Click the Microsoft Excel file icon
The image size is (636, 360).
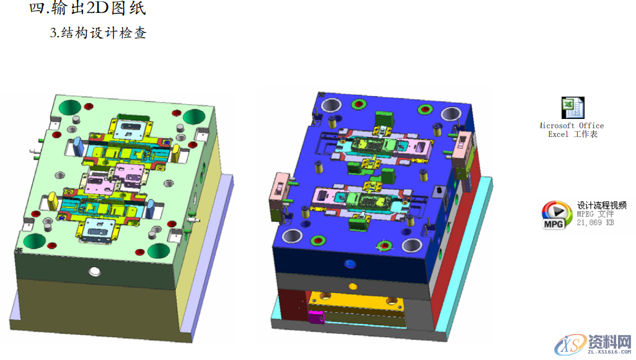(573, 108)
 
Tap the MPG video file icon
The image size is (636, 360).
(556, 215)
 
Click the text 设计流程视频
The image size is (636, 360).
(601, 205)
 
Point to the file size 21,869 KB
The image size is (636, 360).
(595, 222)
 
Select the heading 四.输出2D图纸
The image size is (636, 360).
(87, 8)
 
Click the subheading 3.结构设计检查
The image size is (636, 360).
(98, 33)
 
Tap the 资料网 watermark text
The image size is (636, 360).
(610, 343)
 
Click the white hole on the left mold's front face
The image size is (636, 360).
(95, 271)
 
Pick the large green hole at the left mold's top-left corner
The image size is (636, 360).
(70, 108)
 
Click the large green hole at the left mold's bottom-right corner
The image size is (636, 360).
(159, 251)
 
